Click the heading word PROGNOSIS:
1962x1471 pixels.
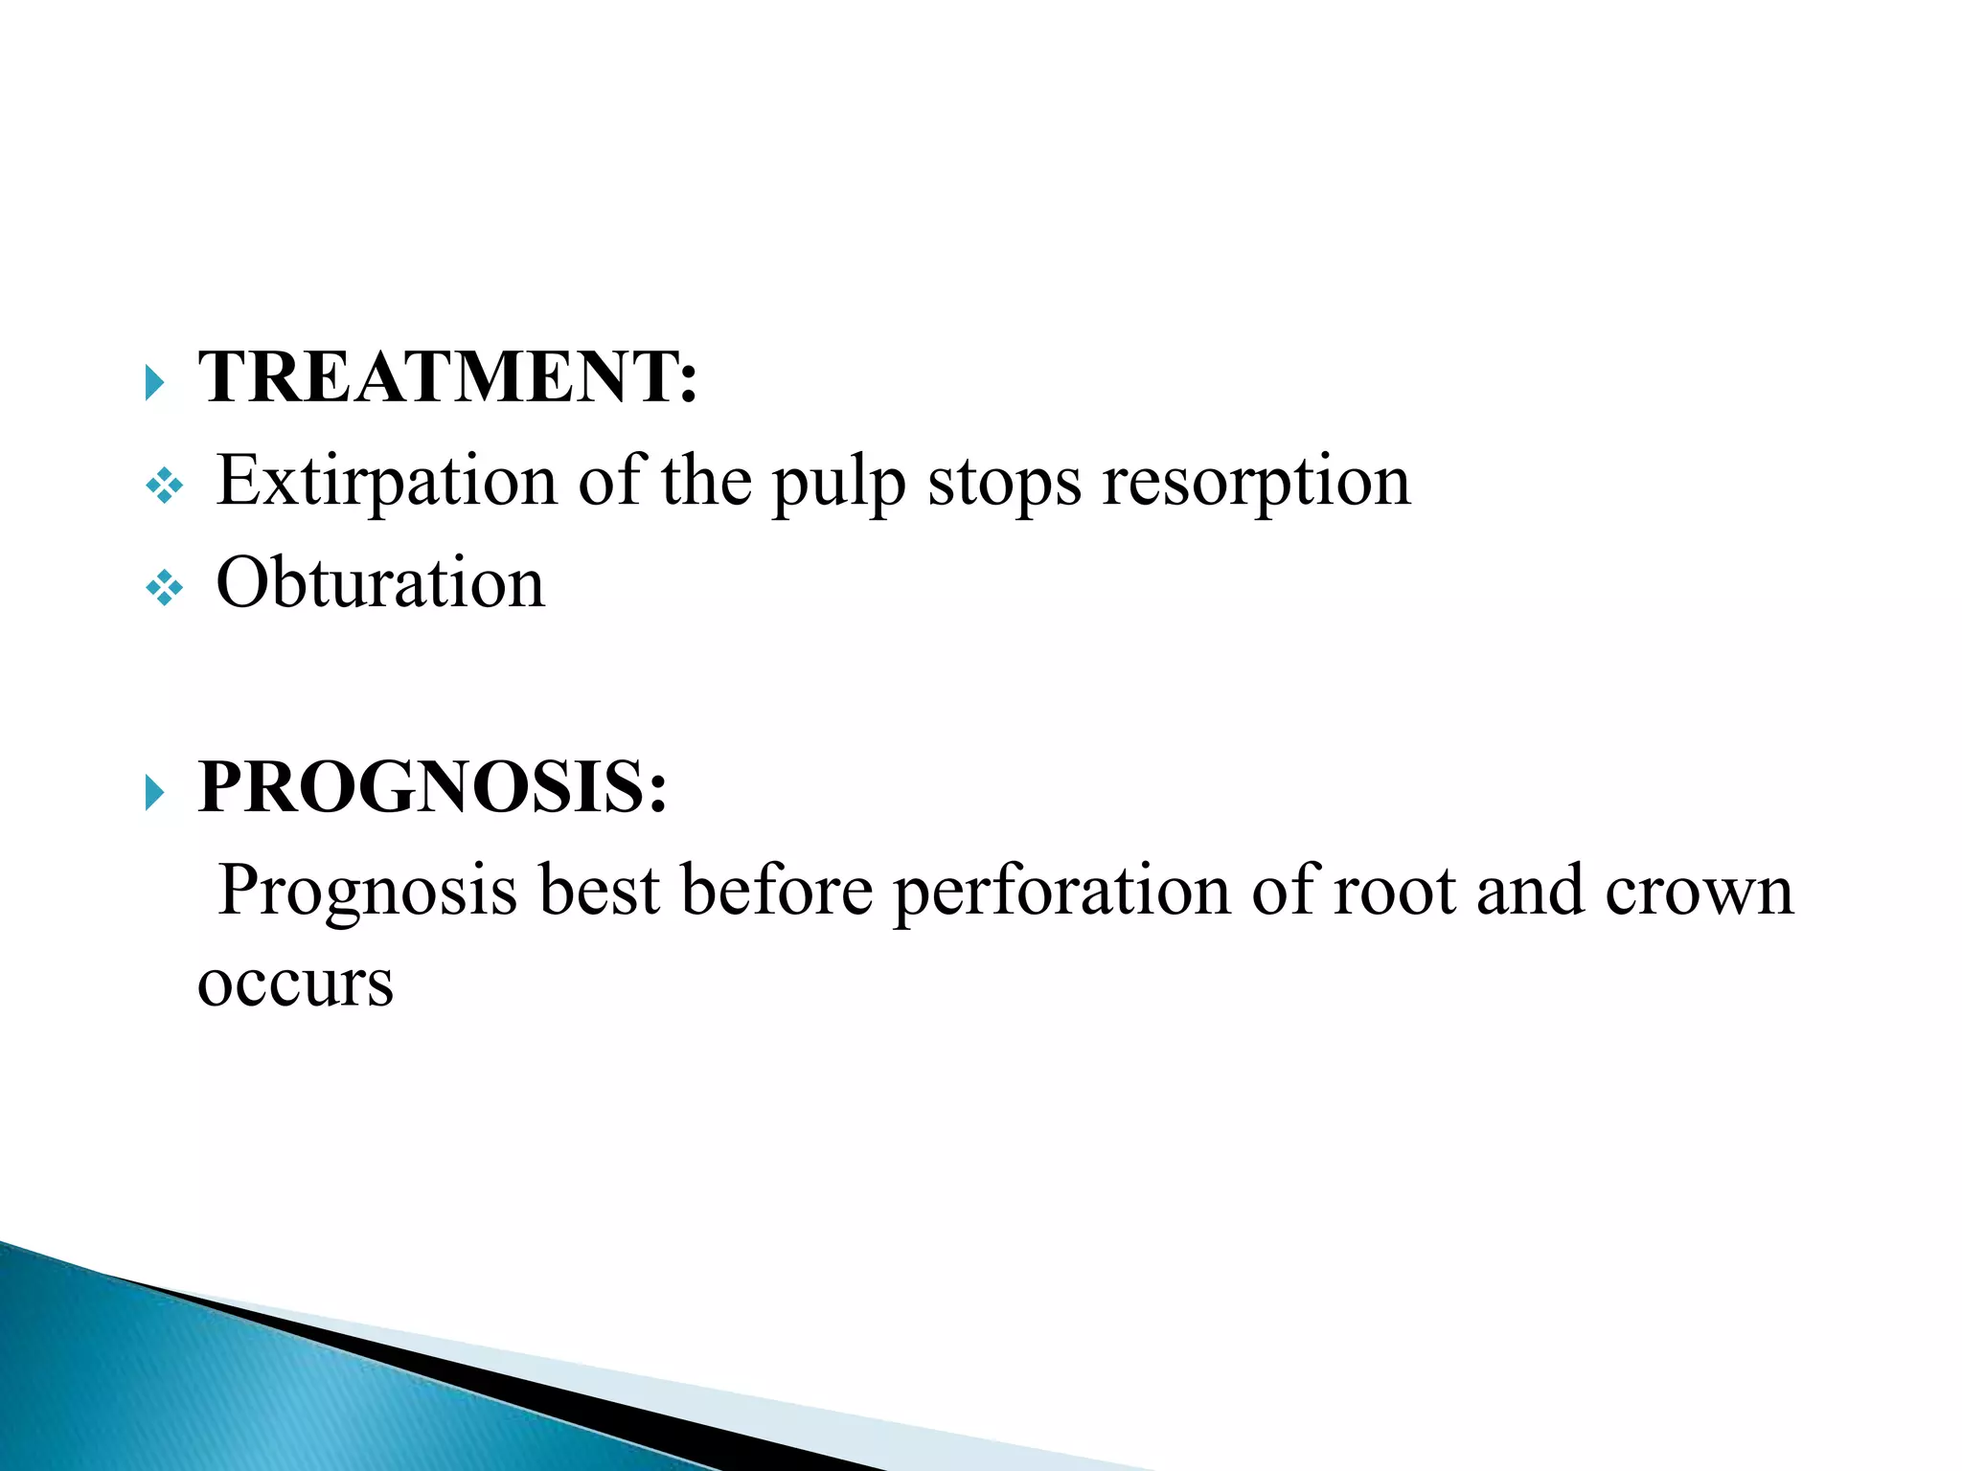coord(432,786)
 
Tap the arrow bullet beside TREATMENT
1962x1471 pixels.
coord(154,383)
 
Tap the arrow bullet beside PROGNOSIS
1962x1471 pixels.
coord(154,793)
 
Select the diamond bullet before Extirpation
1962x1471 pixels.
coord(164,487)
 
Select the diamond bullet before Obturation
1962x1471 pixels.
coord(164,589)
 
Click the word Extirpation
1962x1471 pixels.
coord(386,481)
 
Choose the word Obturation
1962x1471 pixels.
coord(380,582)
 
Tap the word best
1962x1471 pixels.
coord(599,891)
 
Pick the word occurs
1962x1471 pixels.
coord(295,984)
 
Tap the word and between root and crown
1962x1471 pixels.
coord(1530,891)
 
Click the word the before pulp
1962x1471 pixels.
coord(706,481)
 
